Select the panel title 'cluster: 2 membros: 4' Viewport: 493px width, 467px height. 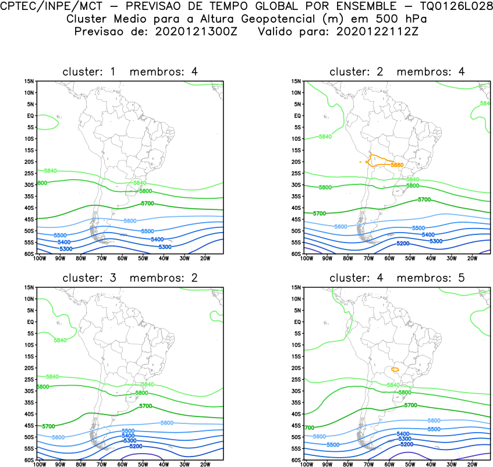pos(398,72)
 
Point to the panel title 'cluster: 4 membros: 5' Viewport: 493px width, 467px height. pos(398,278)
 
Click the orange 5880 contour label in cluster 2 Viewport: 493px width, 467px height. pos(397,165)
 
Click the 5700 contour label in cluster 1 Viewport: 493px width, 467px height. pos(147,204)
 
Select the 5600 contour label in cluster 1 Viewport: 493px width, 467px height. pos(130,221)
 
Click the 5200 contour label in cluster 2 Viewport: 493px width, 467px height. pos(403,244)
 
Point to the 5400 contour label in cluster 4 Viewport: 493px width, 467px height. pos(402,434)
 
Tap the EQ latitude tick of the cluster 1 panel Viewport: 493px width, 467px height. pos(30,116)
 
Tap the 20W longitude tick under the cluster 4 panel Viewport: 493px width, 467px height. pos(473,464)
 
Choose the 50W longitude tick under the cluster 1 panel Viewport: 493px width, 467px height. pos(143,258)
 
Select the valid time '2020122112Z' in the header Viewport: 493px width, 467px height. pos(377,31)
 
